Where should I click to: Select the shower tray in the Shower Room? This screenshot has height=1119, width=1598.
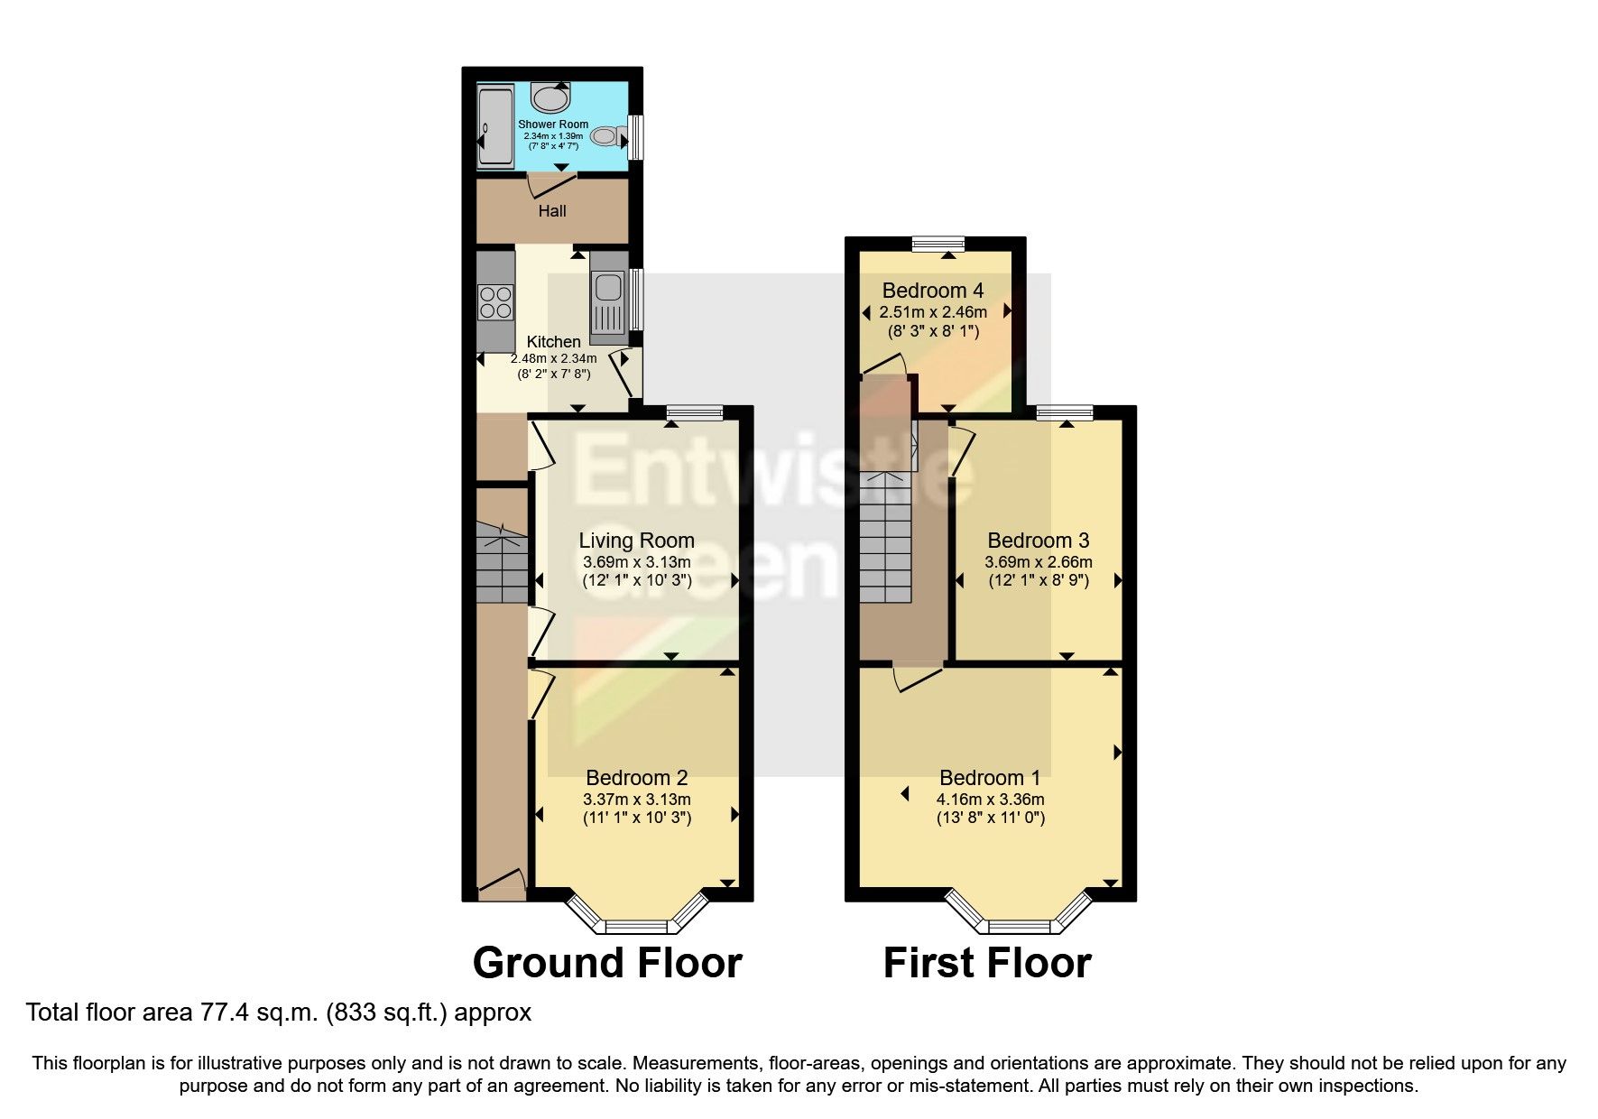tap(494, 127)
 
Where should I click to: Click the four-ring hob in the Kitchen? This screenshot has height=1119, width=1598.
tap(495, 301)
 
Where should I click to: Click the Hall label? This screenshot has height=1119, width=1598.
tap(552, 211)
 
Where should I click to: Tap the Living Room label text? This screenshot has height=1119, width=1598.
tap(636, 541)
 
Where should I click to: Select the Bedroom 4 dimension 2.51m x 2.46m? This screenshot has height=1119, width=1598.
tap(933, 312)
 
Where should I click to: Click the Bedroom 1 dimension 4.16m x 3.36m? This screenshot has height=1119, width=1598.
tap(990, 800)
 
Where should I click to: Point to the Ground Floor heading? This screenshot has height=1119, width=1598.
tap(607, 963)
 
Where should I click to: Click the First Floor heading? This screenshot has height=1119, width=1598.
tap(987, 963)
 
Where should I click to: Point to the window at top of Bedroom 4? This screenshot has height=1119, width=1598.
tap(938, 243)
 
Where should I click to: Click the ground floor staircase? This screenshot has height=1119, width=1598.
tap(500, 564)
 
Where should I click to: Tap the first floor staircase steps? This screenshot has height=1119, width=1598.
tap(885, 541)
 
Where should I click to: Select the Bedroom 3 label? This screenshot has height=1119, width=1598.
tap(1038, 541)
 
